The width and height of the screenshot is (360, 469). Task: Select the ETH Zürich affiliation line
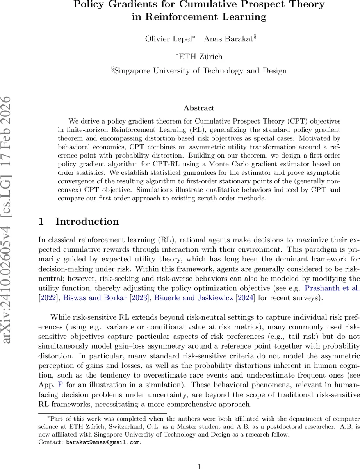point(199,56)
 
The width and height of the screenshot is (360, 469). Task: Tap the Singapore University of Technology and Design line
point(199,71)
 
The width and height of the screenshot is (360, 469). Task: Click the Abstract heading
point(199,108)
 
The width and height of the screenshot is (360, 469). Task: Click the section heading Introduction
point(87,222)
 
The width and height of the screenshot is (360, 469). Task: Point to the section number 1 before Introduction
point(41,222)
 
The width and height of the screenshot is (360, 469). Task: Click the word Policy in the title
point(96,5)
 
